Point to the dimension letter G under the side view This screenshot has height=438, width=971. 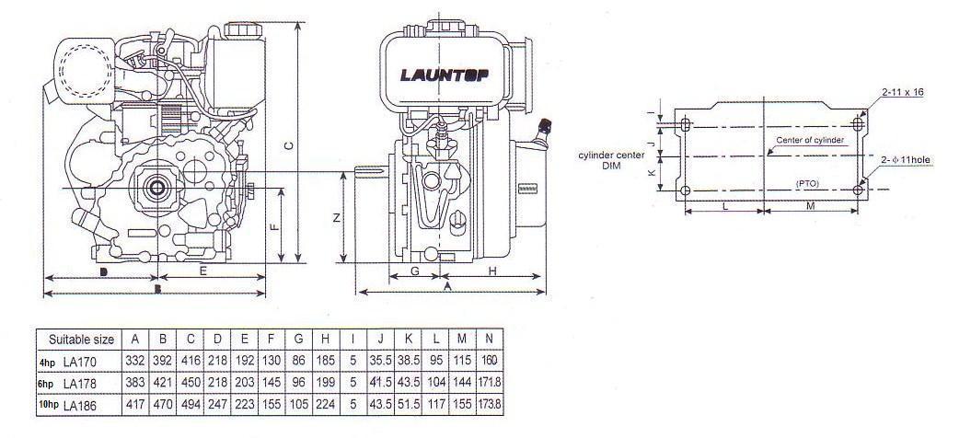pos(414,271)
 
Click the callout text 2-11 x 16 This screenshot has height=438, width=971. pos(901,93)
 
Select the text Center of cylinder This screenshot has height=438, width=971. pos(809,140)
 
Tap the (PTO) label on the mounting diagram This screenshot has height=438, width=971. pos(808,184)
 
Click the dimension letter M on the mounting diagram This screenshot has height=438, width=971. pos(810,207)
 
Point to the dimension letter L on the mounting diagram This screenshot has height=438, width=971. pos(725,207)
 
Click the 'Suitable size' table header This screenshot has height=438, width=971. pos(81,339)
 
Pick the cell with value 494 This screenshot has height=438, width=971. pos(190,404)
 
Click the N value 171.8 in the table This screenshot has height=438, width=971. pos(493,382)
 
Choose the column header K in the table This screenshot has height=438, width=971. pos(408,339)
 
